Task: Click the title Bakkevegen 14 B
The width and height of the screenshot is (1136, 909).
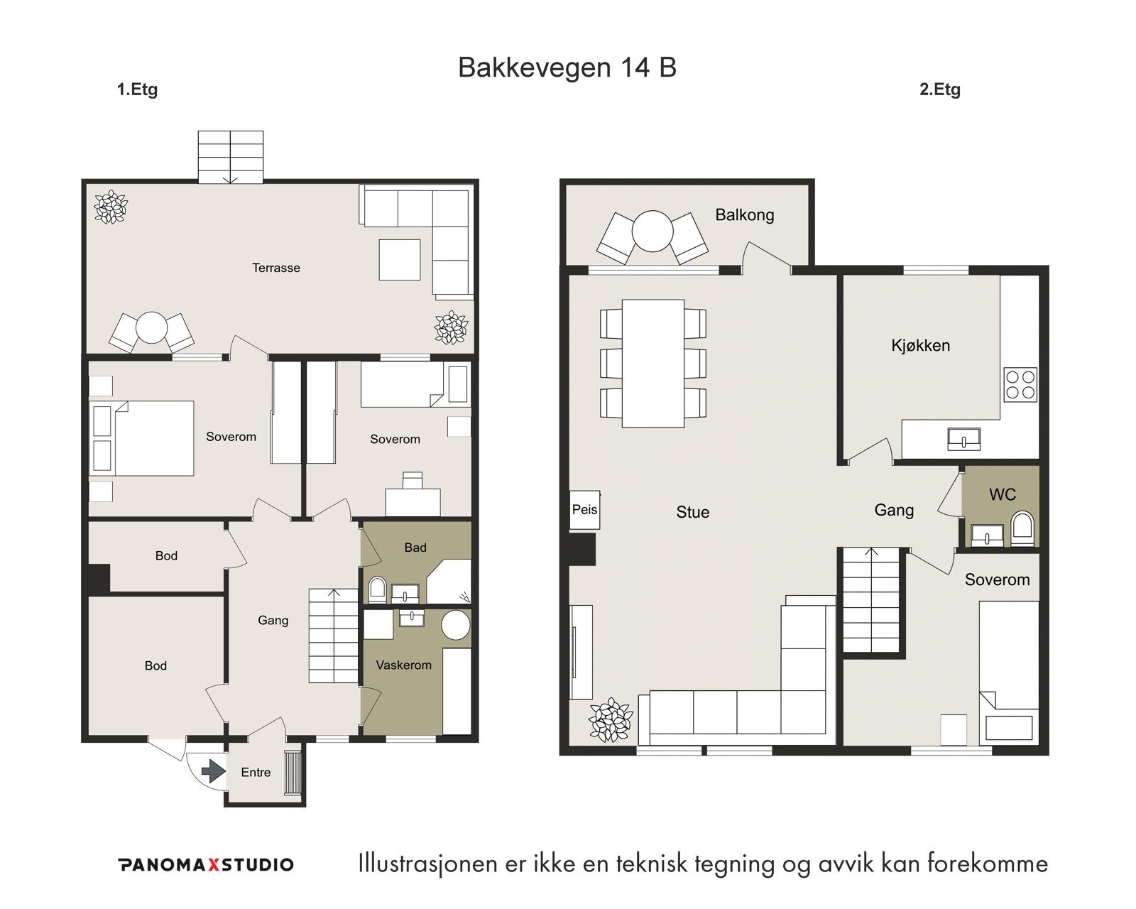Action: coord(567,67)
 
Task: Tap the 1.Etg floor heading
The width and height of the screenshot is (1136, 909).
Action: coord(137,89)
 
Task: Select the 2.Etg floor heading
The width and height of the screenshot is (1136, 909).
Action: coord(939,89)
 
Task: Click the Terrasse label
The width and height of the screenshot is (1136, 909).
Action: coord(276,268)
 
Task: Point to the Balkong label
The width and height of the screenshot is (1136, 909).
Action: coord(744,214)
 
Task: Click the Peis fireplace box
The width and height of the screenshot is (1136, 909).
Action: coord(584,509)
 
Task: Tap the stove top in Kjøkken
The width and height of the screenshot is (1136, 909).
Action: coord(1020,384)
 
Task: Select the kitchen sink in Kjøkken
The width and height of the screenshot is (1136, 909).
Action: coord(963,439)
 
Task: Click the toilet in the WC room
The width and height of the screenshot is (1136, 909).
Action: coord(1022,528)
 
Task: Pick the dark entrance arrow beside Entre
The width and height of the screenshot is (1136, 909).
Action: coord(213,771)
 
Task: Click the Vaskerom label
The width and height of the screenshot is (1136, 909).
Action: coord(403,665)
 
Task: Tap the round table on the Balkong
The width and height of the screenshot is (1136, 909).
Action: coord(652,231)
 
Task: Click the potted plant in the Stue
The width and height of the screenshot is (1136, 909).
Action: coord(611,719)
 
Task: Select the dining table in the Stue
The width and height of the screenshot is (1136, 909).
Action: coord(653,364)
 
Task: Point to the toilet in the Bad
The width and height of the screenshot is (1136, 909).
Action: coord(377,589)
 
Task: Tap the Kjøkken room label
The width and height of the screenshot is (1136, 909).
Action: coord(920,345)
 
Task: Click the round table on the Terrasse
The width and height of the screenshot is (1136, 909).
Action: coord(151,328)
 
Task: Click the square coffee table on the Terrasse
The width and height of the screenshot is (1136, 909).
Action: coord(400,260)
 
